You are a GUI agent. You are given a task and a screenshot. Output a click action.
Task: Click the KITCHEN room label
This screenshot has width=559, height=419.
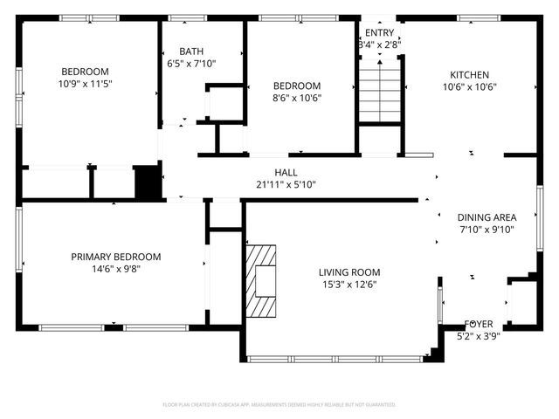click(469, 74)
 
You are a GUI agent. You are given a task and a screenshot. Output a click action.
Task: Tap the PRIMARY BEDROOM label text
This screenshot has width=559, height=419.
click(116, 257)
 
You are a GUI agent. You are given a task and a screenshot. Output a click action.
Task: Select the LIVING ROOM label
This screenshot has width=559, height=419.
click(349, 272)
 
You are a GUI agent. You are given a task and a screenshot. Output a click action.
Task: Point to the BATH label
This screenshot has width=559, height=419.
click(191, 52)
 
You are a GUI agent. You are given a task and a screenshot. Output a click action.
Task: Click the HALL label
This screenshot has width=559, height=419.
click(286, 172)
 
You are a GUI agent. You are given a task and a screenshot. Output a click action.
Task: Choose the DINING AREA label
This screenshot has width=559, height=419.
click(487, 217)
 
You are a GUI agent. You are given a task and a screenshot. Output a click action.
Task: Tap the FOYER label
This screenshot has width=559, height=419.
click(478, 324)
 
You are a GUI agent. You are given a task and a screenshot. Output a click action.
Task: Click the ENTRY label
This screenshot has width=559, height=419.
click(379, 32)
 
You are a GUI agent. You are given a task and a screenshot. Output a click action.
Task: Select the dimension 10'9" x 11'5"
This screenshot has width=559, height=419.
click(85, 84)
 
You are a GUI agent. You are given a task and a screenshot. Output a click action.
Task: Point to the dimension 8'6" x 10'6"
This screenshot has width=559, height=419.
click(297, 98)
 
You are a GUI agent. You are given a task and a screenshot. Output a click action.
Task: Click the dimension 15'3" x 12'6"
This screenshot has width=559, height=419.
click(349, 285)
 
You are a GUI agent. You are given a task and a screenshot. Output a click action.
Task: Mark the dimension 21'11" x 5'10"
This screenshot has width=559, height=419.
click(286, 184)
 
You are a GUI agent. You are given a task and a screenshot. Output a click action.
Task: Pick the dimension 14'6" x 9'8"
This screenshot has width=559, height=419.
click(116, 269)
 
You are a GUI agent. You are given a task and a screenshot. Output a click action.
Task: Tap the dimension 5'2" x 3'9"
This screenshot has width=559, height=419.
click(478, 335)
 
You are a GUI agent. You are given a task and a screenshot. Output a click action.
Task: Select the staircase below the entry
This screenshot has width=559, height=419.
click(379, 90)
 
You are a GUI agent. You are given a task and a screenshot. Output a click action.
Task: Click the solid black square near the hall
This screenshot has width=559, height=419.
click(148, 182)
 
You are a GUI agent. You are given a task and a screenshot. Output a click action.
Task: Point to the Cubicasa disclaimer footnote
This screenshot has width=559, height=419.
click(279, 405)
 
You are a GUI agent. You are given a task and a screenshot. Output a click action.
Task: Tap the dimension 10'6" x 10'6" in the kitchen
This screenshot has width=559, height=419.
click(469, 86)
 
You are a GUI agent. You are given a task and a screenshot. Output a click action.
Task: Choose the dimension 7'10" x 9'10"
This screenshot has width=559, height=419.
click(487, 230)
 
